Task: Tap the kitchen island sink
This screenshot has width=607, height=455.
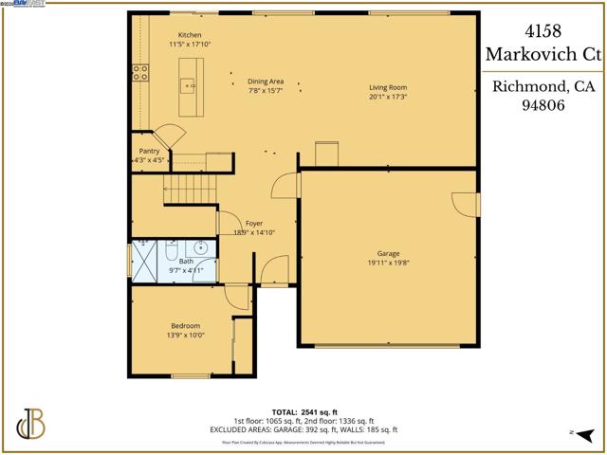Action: [190, 86]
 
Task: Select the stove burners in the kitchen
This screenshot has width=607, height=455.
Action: [140, 69]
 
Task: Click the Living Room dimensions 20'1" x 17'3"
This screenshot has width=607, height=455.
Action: [387, 98]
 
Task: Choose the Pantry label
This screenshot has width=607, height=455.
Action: [149, 151]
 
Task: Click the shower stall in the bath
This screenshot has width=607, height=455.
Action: [143, 262]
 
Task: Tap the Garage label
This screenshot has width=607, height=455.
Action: [387, 253]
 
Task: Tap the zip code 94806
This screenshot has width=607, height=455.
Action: [543, 108]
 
